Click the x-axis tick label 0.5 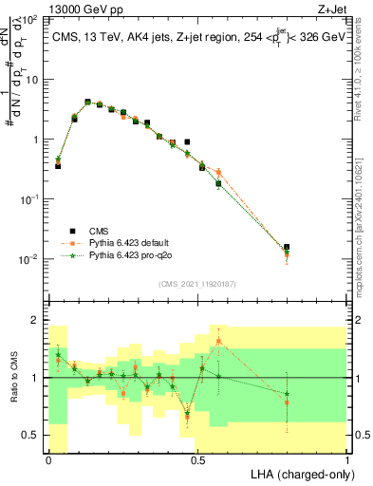point(197,458)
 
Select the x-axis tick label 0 point(48,458)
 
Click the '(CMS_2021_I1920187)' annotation point(197,283)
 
